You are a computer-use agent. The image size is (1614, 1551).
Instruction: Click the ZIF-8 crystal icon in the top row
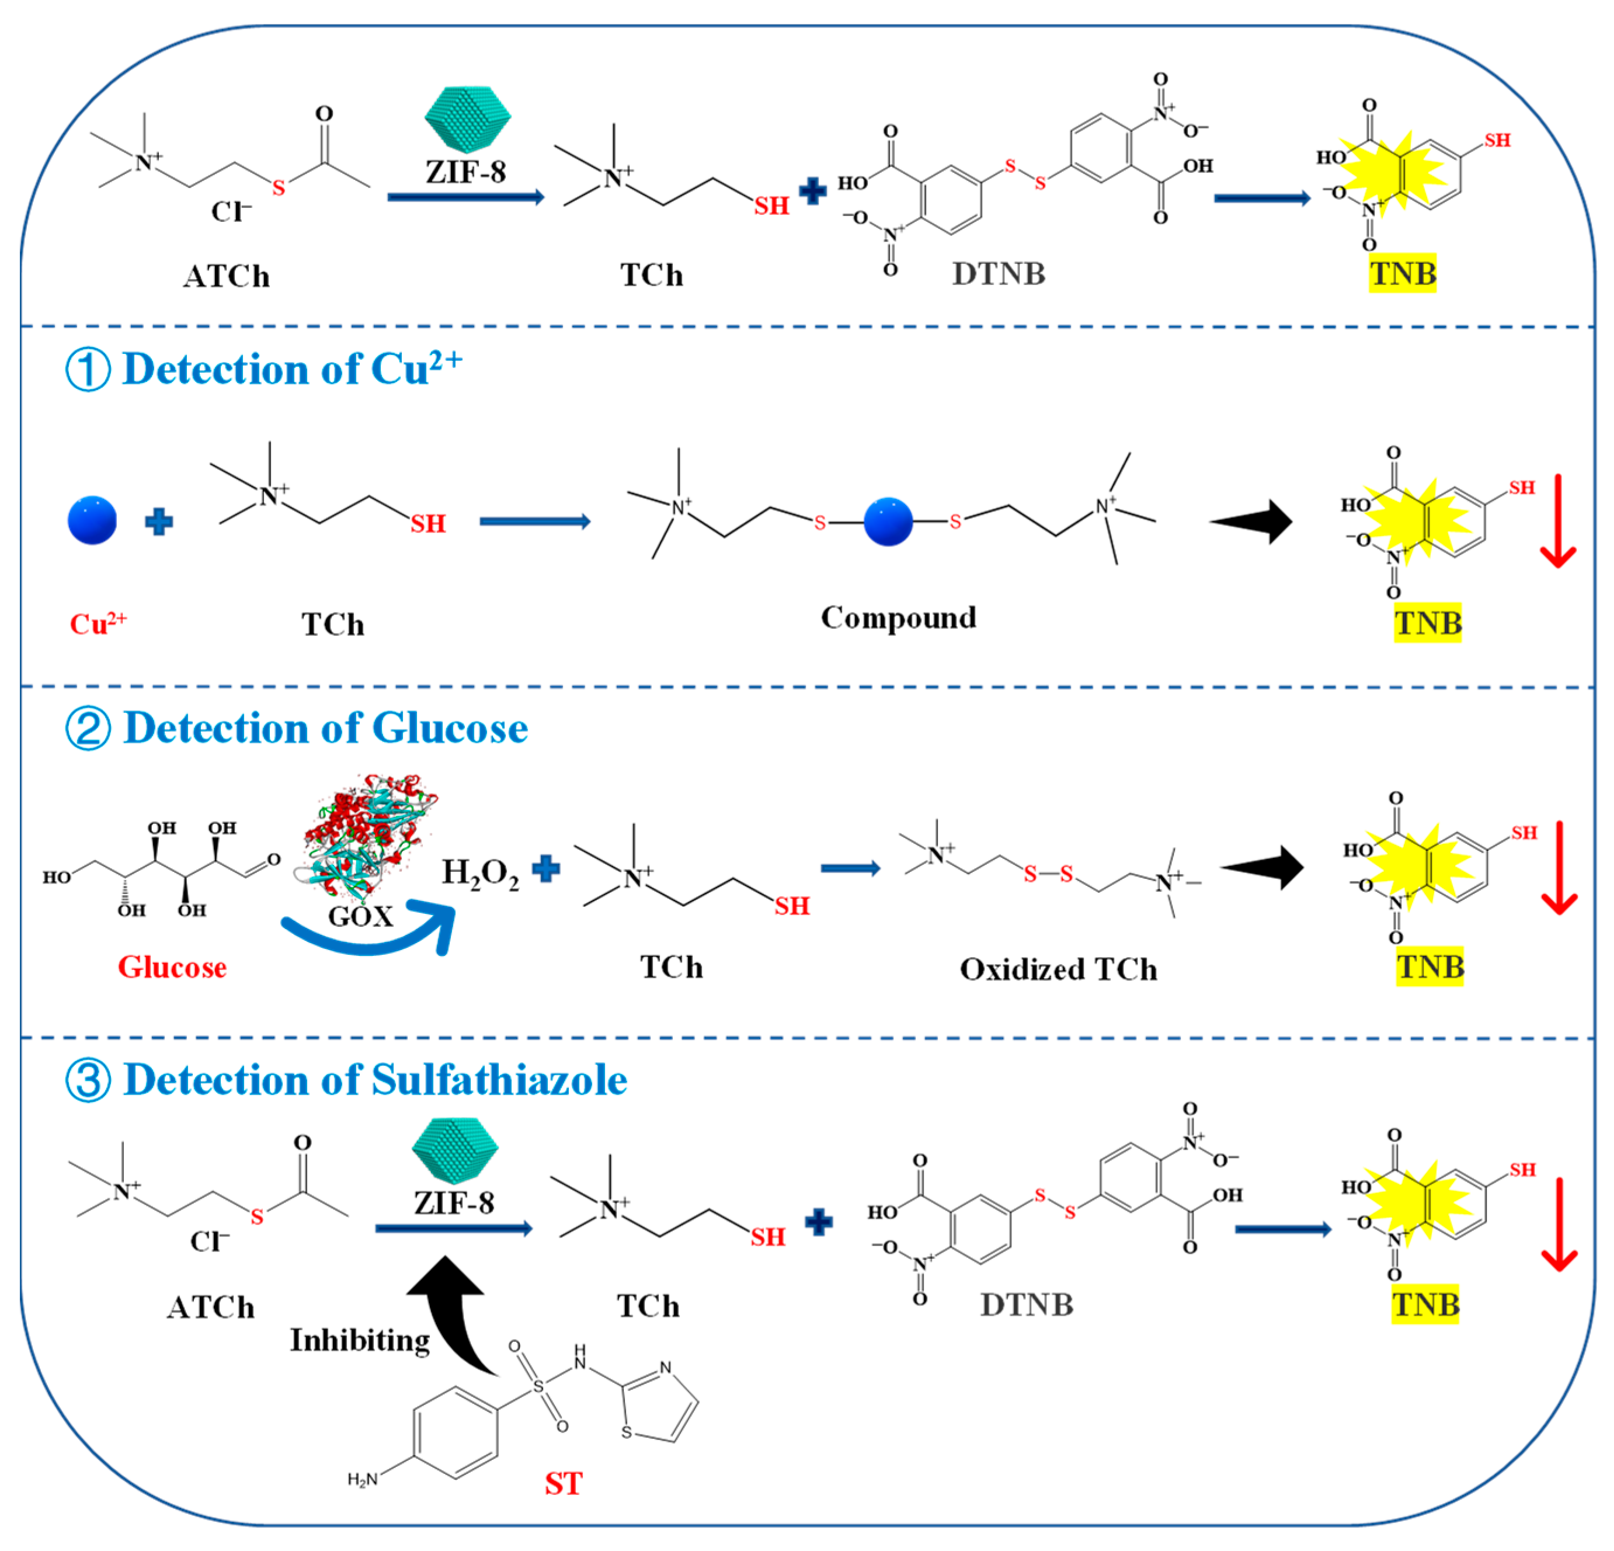467,120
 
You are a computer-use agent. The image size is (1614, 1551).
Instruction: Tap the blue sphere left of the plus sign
92,520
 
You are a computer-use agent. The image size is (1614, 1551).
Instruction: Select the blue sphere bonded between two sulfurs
888,521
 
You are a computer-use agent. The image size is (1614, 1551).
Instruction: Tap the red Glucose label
172,966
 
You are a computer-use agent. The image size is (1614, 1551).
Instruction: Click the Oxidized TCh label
1058,969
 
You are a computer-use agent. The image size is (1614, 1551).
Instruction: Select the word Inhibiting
360,1340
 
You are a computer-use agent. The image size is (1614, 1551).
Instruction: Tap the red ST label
563,1483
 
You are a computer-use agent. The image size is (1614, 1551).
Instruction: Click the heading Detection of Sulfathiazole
375,1080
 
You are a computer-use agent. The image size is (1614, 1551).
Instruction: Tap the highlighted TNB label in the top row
1403,273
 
